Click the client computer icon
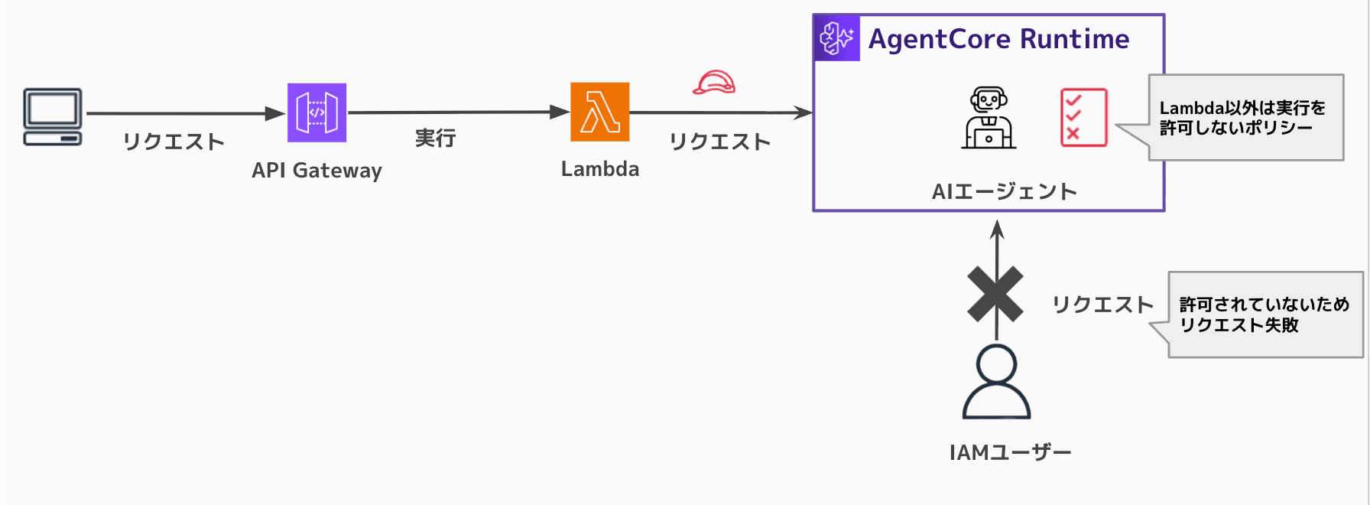[52, 116]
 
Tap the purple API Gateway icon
[317, 112]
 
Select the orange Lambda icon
[600, 112]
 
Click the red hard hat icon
[714, 82]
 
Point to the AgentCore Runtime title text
[998, 39]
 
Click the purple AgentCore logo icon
[836, 37]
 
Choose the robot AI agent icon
[989, 118]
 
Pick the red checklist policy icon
[1083, 117]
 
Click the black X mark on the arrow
[995, 294]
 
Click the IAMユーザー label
[1010, 453]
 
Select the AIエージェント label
[1004, 191]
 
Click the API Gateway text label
[317, 170]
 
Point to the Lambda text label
[600, 169]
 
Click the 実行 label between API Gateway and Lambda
[435, 138]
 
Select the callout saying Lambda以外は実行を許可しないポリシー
[1245, 118]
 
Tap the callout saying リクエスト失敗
[1264, 314]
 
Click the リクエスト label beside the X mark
[1102, 305]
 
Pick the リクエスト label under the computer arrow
[174, 142]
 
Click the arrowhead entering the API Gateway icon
[275, 114]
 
